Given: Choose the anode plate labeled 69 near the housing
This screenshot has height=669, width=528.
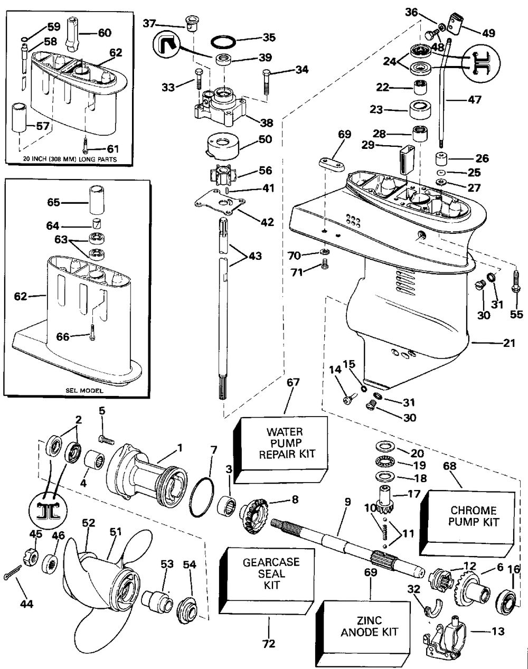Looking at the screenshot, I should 332,162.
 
